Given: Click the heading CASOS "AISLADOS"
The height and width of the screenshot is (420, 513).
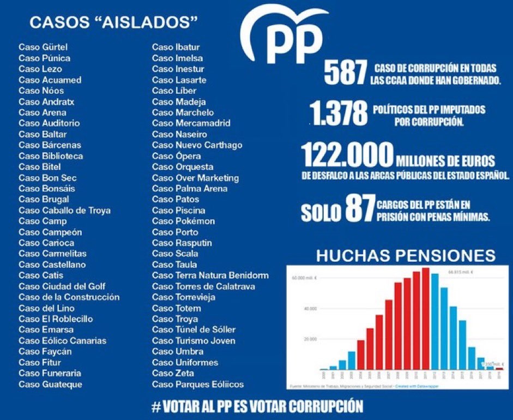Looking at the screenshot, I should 113,22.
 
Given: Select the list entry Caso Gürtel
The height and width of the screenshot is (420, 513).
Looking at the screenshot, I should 43,47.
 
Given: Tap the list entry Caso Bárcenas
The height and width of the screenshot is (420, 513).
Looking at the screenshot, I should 50,145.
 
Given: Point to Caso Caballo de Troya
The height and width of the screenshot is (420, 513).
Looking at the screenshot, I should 64,210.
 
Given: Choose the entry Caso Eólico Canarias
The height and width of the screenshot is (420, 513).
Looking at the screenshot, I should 62,341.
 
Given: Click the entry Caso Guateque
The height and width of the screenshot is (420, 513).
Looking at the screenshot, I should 50,385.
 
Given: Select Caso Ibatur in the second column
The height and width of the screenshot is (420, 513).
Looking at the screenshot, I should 176,47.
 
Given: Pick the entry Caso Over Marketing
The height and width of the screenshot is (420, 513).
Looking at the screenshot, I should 195,178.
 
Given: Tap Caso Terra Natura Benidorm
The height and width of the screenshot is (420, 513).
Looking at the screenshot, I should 210,275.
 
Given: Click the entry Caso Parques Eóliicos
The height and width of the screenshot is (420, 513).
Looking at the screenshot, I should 197,385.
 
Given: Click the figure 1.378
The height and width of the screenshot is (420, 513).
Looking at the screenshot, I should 339,115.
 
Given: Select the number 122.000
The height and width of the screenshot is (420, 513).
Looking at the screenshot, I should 347,155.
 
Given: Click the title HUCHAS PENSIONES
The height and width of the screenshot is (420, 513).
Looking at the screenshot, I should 406,255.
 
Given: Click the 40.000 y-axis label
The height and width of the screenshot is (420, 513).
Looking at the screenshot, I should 310,309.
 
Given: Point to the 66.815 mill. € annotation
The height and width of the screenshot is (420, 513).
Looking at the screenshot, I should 459,271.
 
